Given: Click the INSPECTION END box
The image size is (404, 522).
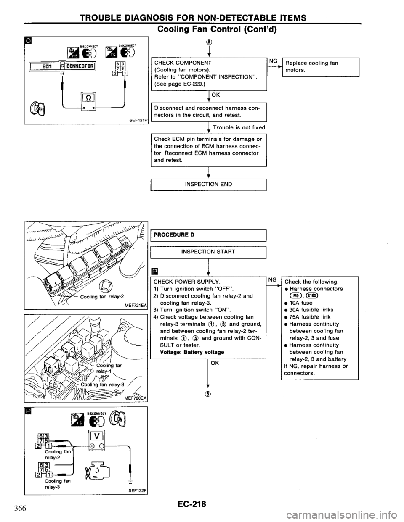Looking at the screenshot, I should (x=208, y=184).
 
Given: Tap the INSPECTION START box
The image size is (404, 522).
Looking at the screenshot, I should (x=208, y=252).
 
